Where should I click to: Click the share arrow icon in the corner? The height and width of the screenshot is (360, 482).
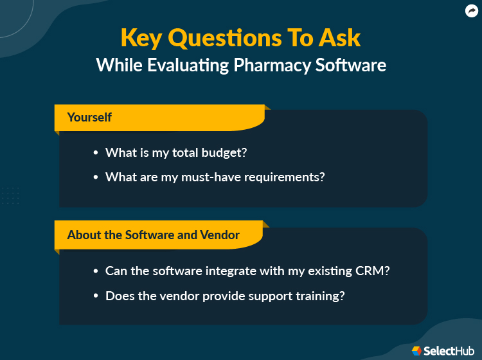[x=471, y=10]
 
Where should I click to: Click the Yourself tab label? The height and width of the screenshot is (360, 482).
[x=89, y=117]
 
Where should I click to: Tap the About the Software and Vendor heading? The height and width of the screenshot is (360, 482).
[x=153, y=235]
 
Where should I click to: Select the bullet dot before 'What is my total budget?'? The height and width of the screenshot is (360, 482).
[x=96, y=153]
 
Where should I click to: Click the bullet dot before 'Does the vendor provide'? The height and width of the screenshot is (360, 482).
[x=96, y=296]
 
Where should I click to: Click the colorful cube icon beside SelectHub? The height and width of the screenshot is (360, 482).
[x=416, y=350]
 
